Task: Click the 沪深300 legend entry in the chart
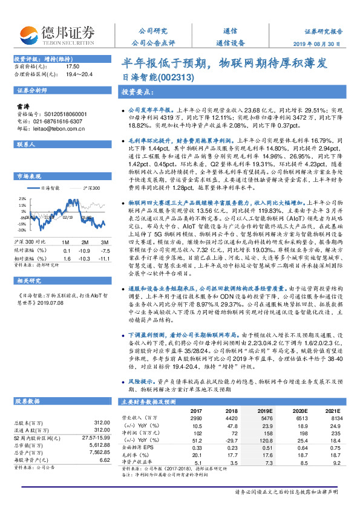(89, 189)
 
